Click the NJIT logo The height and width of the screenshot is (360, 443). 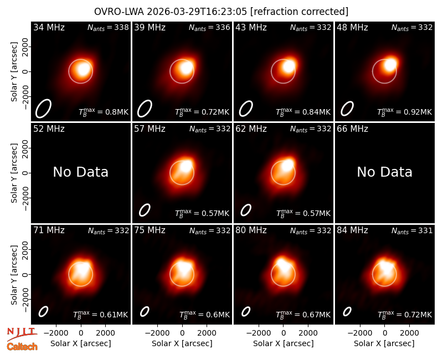(x=22, y=334)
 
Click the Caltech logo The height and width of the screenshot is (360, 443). (x=22, y=347)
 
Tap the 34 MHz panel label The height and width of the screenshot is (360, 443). (x=49, y=27)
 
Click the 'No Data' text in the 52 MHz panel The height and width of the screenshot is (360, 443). (x=80, y=172)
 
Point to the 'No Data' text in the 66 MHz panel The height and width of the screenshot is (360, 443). (x=384, y=172)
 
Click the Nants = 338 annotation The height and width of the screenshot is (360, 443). (x=108, y=27)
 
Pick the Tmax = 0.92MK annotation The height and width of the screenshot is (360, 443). (x=405, y=112)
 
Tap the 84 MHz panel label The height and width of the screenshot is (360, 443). (x=352, y=230)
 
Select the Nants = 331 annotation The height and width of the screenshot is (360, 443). (x=412, y=230)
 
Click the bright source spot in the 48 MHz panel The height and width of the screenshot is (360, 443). (x=390, y=65)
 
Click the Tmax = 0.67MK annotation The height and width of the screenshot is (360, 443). (x=303, y=315)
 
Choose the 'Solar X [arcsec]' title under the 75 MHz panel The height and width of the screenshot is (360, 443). (x=182, y=343)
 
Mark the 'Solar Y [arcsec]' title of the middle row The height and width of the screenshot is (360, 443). (x=14, y=173)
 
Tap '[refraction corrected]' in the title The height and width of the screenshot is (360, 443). (x=300, y=12)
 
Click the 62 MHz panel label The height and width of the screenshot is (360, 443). (x=251, y=129)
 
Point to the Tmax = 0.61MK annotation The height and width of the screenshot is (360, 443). (x=101, y=315)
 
